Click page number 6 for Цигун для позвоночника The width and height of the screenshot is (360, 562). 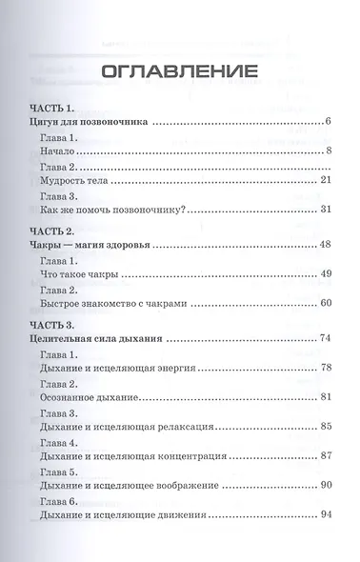326,123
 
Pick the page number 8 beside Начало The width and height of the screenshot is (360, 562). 326,151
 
